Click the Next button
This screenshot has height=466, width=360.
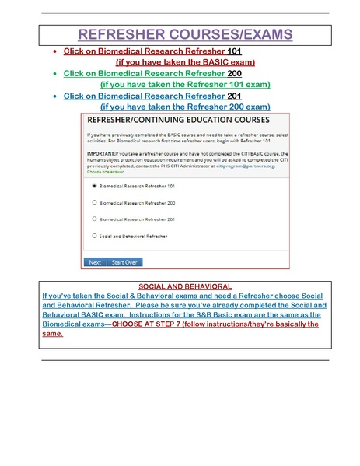95,262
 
